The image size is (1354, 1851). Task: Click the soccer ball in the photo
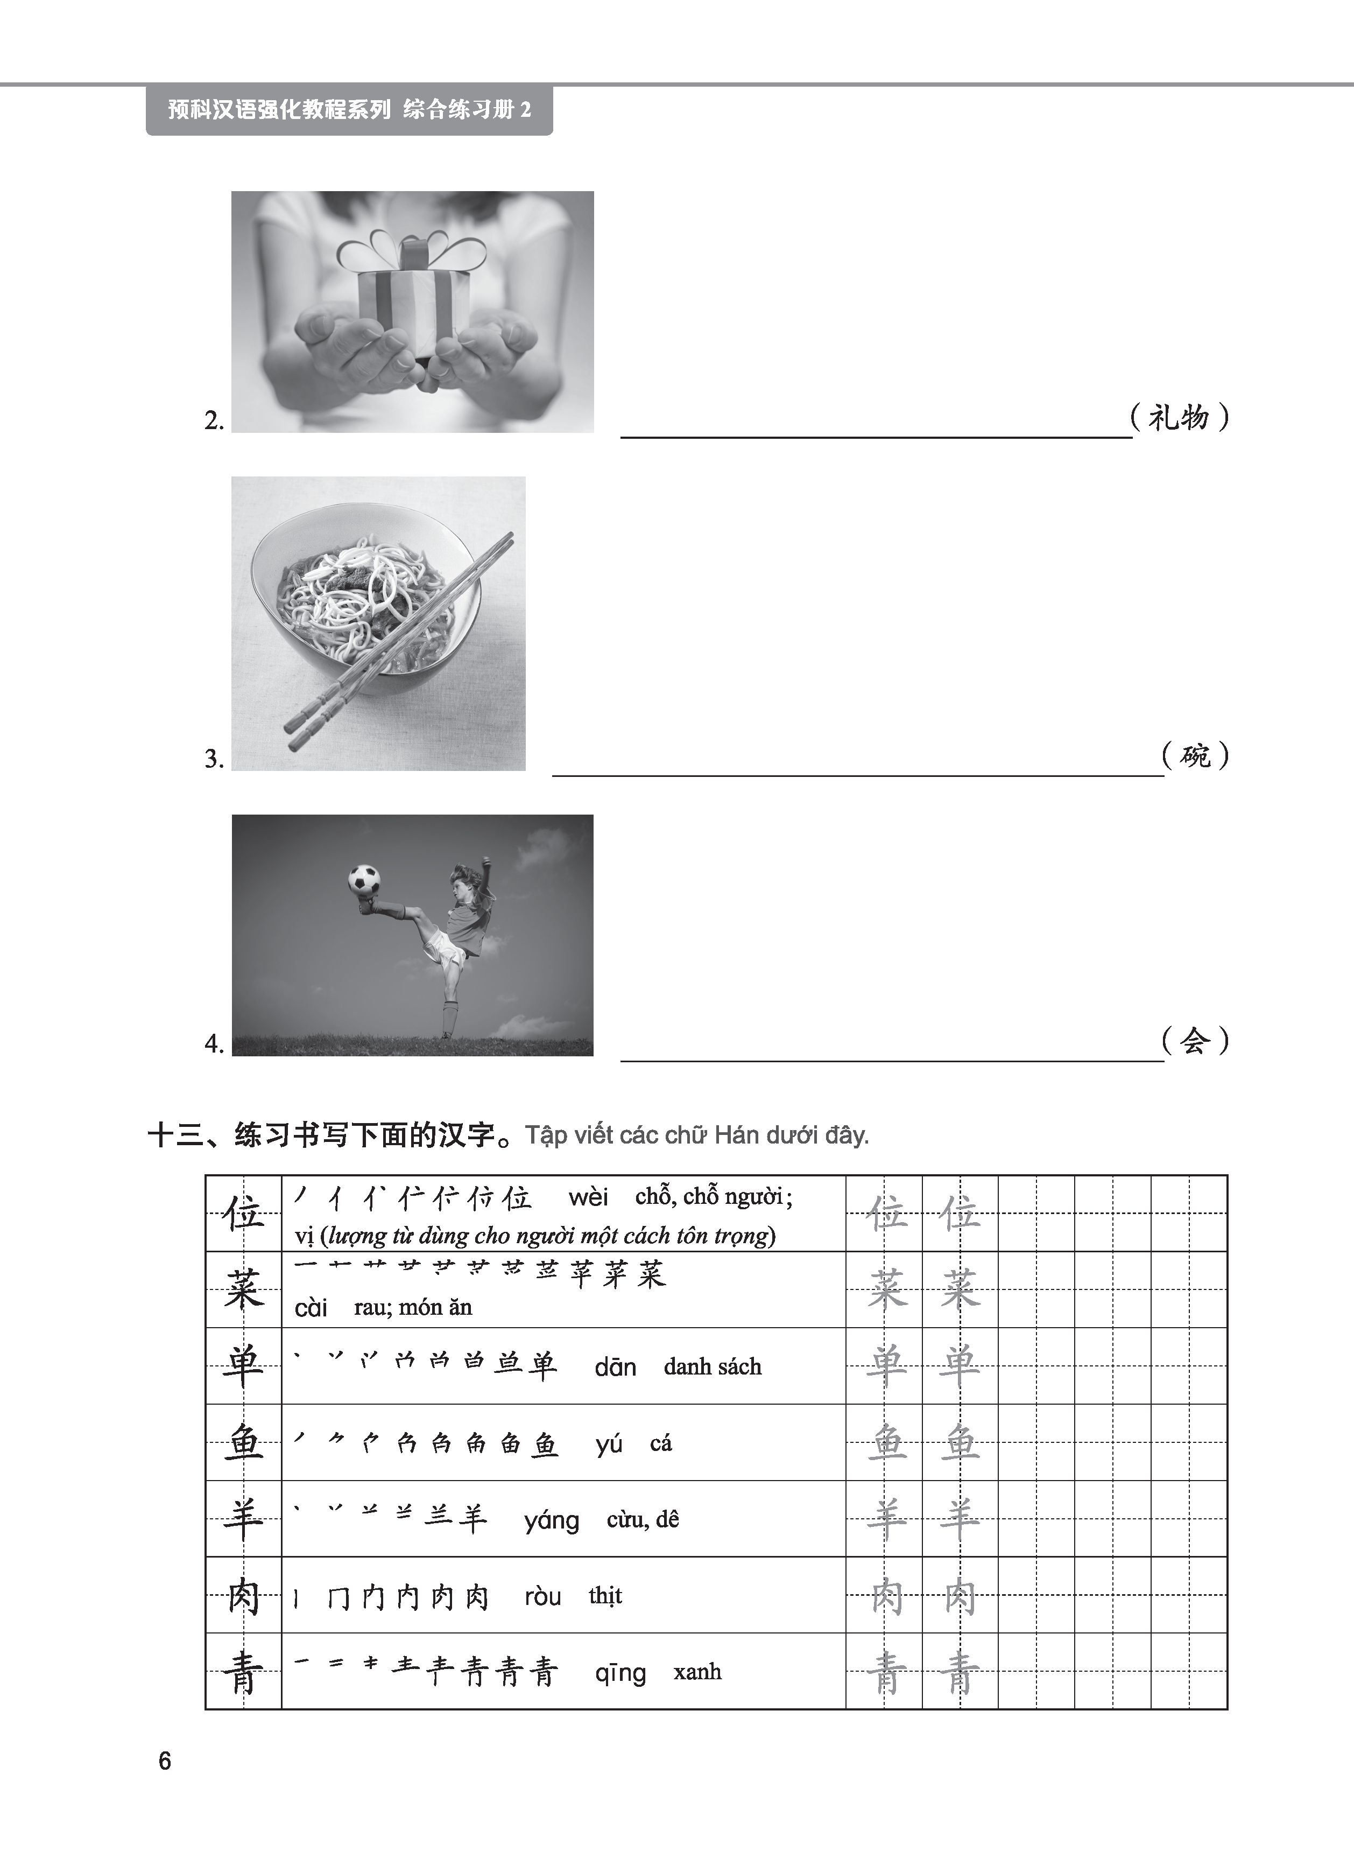pos(364,880)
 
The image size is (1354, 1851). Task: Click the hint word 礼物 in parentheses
pos(1178,418)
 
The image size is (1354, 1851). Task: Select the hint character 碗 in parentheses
pos(1195,755)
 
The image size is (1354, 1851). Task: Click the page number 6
pos(165,1761)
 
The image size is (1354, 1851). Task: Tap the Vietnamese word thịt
pos(605,1595)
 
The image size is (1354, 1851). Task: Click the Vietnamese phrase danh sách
pos(712,1366)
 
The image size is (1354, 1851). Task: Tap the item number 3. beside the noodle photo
pos(214,759)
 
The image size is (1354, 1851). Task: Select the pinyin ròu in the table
pos(542,1597)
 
